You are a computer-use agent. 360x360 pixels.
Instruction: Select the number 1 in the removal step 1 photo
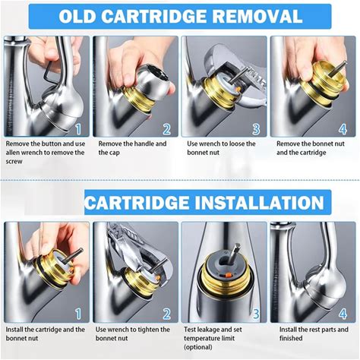(x=79, y=129)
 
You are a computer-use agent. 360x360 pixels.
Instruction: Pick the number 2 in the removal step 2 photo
(x=166, y=129)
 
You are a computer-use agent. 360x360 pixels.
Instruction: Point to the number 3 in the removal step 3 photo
(x=256, y=129)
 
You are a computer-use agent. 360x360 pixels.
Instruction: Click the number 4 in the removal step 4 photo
(x=343, y=129)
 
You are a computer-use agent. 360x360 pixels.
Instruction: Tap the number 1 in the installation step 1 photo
(x=79, y=314)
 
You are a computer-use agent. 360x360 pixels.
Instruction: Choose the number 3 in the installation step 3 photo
(x=256, y=314)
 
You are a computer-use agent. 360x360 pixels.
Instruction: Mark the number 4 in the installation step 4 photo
(x=343, y=314)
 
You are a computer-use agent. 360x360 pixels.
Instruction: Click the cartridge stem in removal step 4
(x=337, y=68)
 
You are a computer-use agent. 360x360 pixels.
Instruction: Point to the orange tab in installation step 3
(x=228, y=275)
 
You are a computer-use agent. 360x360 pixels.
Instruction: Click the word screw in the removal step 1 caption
(x=14, y=162)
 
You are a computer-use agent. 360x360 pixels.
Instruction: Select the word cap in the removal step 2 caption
(x=113, y=153)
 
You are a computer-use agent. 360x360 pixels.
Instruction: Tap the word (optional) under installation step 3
(x=198, y=347)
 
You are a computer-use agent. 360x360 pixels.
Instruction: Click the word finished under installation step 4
(x=291, y=338)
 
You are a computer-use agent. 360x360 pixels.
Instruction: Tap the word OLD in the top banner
(x=77, y=17)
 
